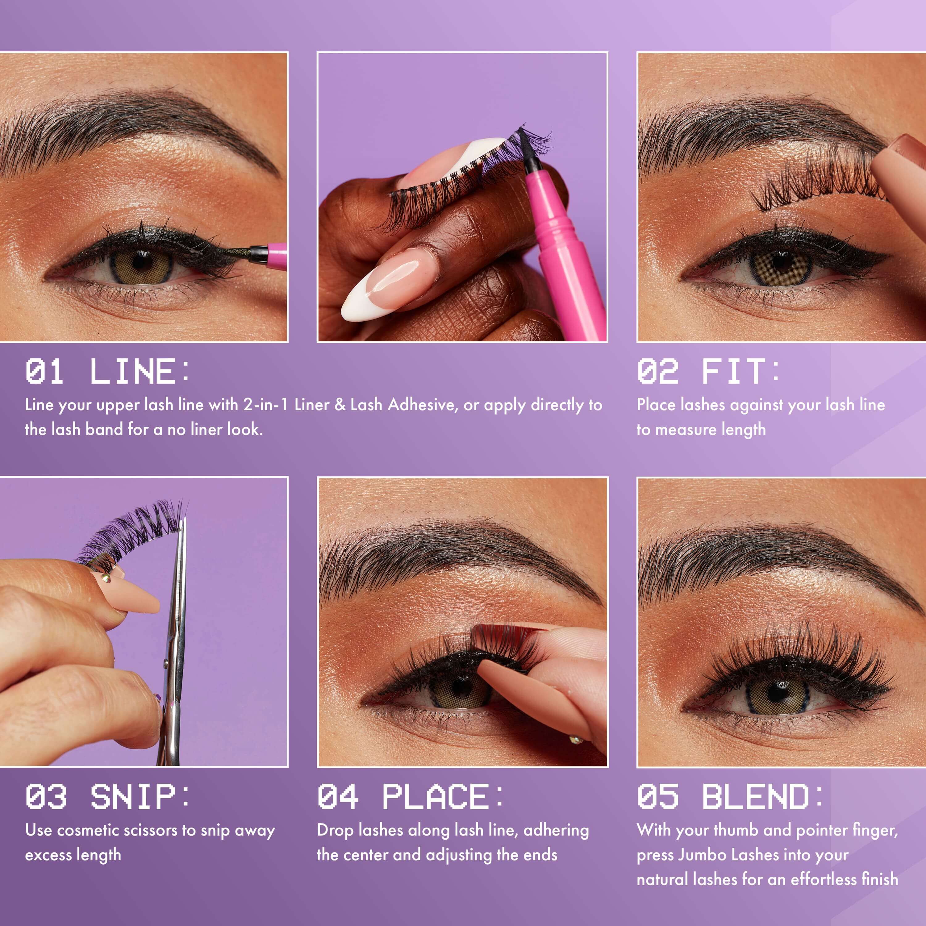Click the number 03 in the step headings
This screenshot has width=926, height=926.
click(x=46, y=797)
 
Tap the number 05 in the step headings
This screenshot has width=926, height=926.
click(x=657, y=797)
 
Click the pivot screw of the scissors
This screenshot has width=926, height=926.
click(x=166, y=664)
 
